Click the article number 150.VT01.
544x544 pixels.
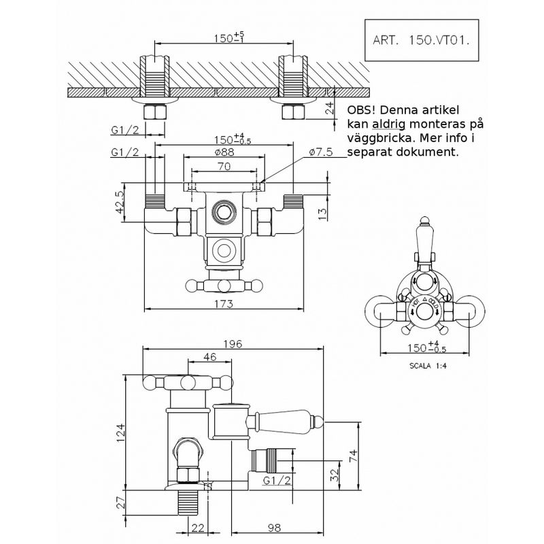point(439,40)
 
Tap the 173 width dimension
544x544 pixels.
point(224,304)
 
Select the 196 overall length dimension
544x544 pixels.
point(233,344)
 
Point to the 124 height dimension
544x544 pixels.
point(120,432)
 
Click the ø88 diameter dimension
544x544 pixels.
point(224,152)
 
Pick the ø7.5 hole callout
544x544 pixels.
point(320,152)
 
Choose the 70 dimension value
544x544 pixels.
point(224,167)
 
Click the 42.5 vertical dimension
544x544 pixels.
point(120,202)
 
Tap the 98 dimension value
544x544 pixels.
point(274,528)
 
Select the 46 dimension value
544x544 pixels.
point(209,356)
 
